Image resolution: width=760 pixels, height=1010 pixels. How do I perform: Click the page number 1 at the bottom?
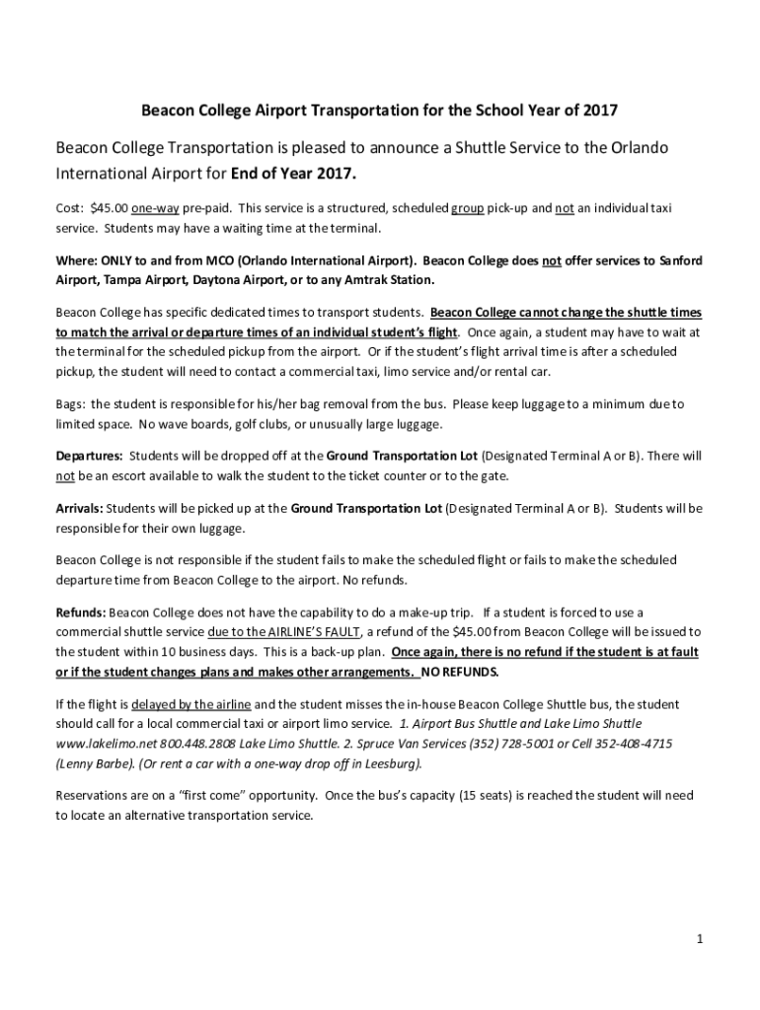pos(698,939)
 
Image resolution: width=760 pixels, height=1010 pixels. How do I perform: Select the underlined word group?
pos(467,209)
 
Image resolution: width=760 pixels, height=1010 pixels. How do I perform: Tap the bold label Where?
pos(76,261)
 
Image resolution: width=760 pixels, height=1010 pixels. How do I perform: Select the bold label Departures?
pos(89,457)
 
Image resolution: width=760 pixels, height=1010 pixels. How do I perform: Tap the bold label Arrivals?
pos(79,509)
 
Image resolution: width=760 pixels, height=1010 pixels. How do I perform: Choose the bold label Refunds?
pos(81,613)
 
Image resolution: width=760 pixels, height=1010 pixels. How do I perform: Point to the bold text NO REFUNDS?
pos(461,672)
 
